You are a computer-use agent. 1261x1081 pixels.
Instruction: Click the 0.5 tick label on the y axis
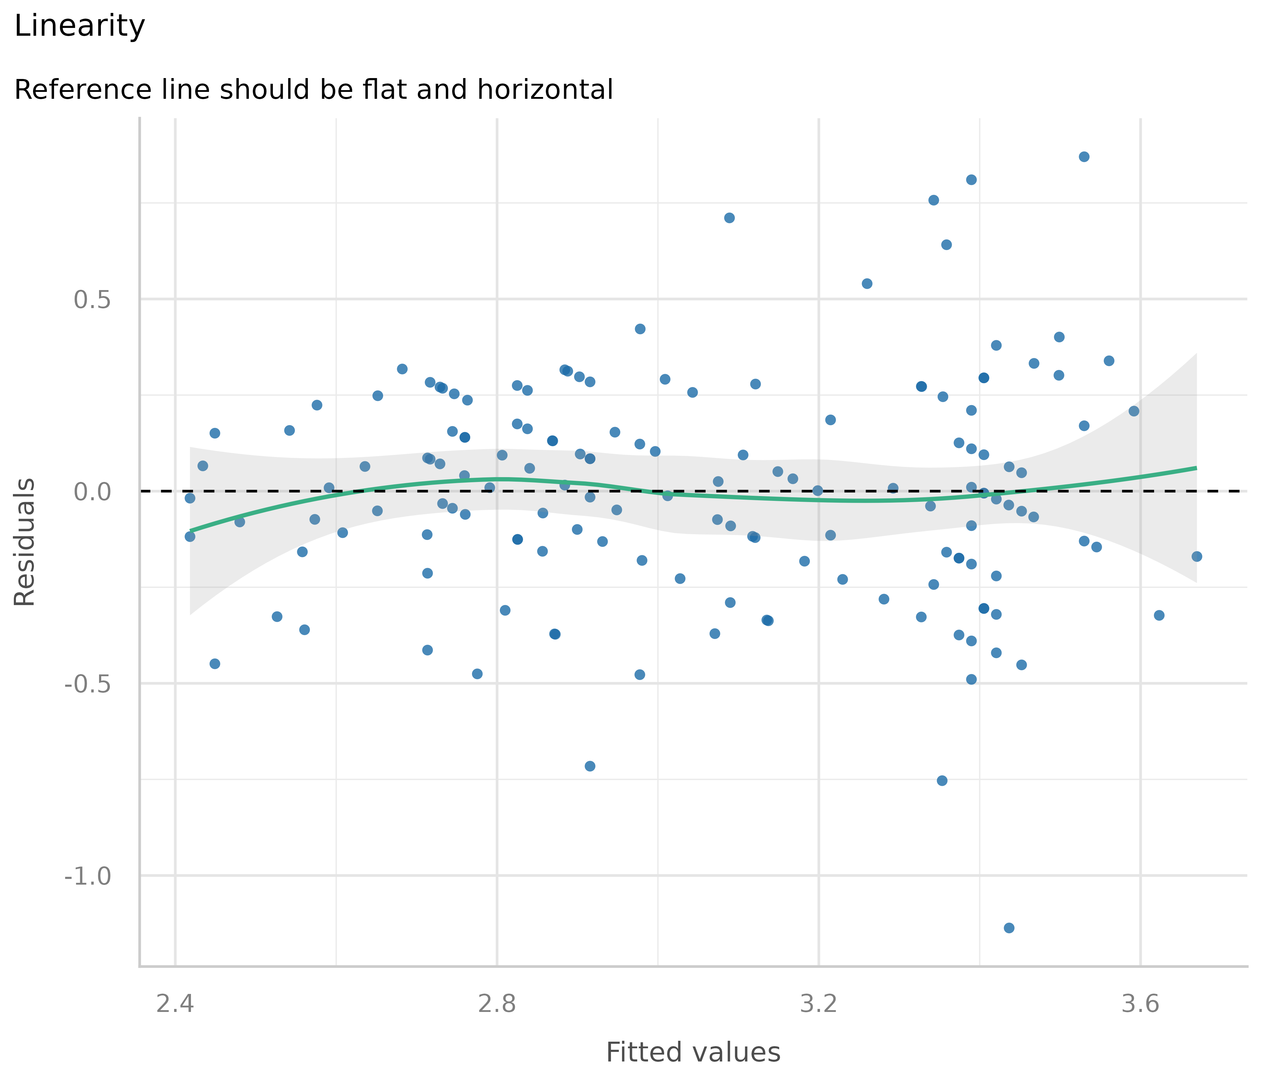tap(92, 299)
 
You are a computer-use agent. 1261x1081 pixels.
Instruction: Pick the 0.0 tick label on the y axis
tap(92, 491)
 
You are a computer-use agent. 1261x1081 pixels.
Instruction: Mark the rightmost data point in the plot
tap(1196, 556)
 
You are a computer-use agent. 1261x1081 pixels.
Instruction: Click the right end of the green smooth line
tap(1196, 468)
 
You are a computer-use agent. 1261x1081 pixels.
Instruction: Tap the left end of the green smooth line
tap(190, 531)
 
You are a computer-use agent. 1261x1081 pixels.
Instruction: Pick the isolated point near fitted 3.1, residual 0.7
tap(729, 218)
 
